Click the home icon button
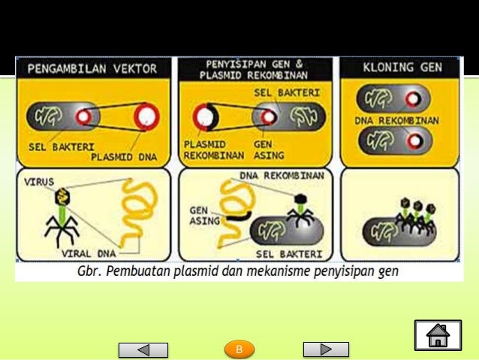point(437,335)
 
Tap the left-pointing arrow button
point(143,349)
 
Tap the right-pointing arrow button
point(326,349)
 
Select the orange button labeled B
point(239,349)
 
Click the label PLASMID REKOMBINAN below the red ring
point(212,150)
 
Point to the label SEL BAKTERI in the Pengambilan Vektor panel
point(57,147)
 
